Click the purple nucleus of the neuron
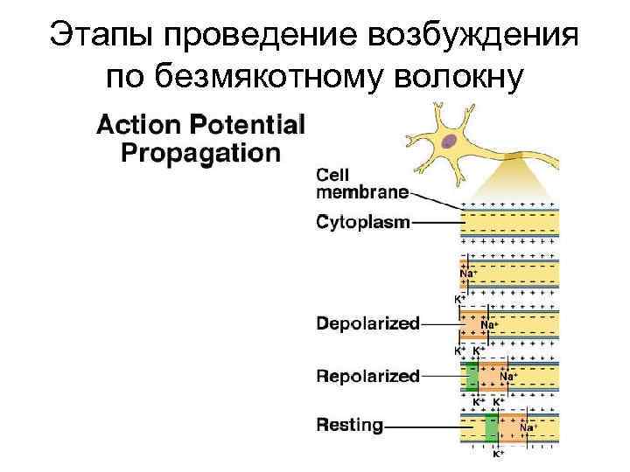coord(450,142)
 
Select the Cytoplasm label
coord(362,223)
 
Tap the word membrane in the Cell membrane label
coord(362,191)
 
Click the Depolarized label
coord(367,323)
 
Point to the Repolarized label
coord(367,376)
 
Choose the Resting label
coord(350,427)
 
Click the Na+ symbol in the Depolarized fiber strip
coord(489,324)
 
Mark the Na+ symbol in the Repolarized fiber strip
coord(508,376)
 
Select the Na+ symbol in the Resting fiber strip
coord(528,427)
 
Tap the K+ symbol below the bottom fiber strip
coord(497,455)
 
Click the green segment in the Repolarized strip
coord(472,376)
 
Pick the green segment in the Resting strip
coord(491,427)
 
